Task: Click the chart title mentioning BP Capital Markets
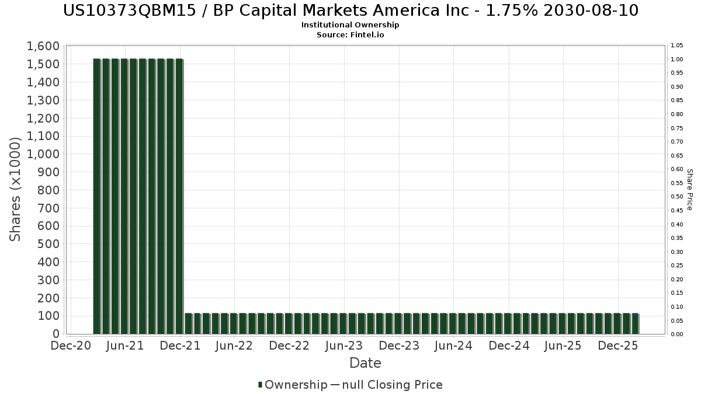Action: pyautogui.click(x=350, y=11)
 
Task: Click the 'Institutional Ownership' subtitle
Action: pyautogui.click(x=350, y=25)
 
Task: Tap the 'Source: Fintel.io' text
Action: pyautogui.click(x=350, y=34)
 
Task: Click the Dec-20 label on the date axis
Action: pyautogui.click(x=70, y=346)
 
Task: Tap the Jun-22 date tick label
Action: pyautogui.click(x=234, y=346)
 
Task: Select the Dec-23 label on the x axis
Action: pyautogui.click(x=399, y=346)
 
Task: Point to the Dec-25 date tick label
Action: pyautogui.click(x=618, y=346)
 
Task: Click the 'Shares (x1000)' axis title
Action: pyautogui.click(x=16, y=190)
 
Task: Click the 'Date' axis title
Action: pyautogui.click(x=365, y=363)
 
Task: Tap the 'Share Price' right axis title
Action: pyautogui.click(x=689, y=190)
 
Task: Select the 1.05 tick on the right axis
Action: pyautogui.click(x=677, y=46)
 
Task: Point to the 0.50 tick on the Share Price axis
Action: pyautogui.click(x=677, y=197)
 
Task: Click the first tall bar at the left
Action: pyautogui.click(x=97, y=196)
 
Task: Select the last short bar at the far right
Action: pyautogui.click(x=635, y=323)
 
